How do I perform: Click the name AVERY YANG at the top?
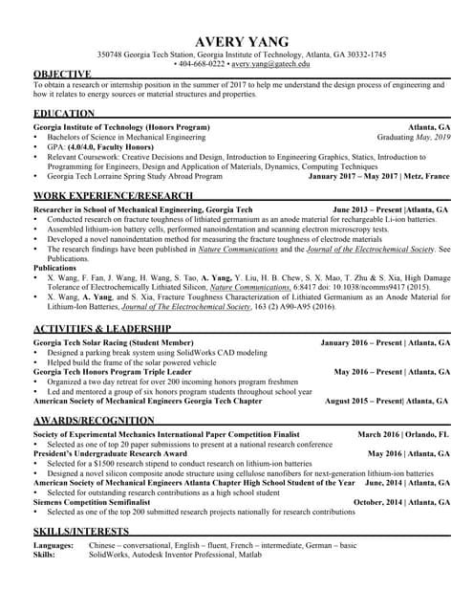coord(236,42)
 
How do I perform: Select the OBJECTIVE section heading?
coord(62,74)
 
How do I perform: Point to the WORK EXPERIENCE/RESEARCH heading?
coord(113,195)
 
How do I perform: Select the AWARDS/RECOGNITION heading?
coord(93,421)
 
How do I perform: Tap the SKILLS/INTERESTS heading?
coord(81,531)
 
